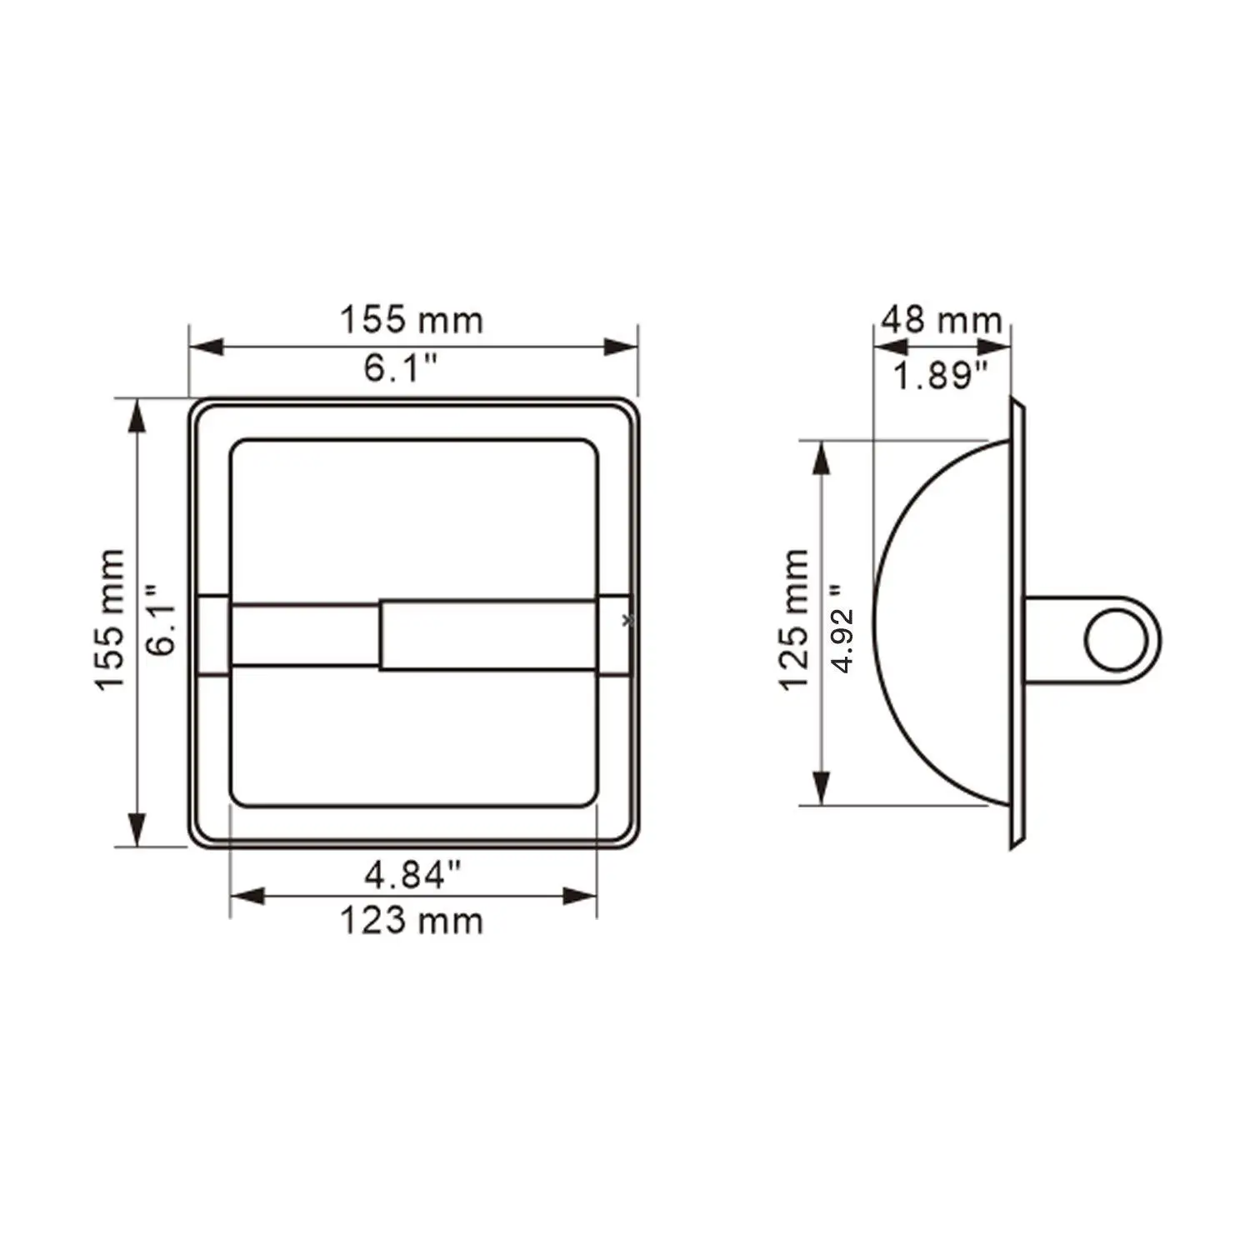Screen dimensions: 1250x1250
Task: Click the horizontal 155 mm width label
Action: (412, 320)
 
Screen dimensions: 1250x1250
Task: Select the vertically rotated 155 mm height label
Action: (111, 619)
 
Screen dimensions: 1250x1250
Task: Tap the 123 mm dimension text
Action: (412, 921)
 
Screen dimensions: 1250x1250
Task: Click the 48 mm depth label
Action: (941, 320)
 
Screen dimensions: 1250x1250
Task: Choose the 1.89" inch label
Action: (940, 376)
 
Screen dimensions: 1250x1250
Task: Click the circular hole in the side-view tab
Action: (1116, 640)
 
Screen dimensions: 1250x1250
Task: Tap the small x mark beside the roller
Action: (628, 620)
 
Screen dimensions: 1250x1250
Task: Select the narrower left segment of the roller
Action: (304, 635)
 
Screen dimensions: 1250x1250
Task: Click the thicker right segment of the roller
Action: (488, 634)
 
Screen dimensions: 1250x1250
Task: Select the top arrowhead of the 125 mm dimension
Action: (822, 458)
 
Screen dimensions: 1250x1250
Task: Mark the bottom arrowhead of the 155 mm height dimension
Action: (137, 829)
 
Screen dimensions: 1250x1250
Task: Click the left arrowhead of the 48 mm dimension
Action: (890, 347)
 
